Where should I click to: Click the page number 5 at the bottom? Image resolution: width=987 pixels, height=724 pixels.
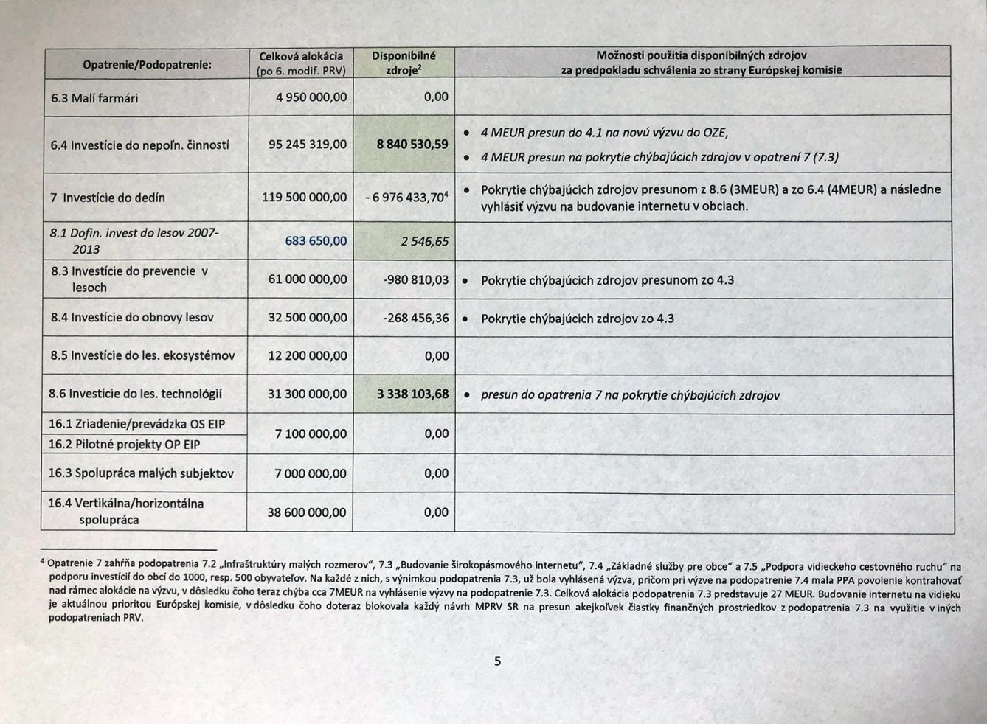pos(497,661)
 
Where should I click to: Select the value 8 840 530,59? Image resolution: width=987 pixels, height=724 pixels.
pos(412,145)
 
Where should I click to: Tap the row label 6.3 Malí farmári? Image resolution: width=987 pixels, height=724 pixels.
pos(94,98)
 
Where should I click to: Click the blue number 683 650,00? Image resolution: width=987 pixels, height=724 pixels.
pos(316,241)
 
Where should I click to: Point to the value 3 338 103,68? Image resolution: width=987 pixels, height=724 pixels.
pos(412,394)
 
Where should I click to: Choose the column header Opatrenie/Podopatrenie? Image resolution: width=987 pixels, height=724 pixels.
pos(147,65)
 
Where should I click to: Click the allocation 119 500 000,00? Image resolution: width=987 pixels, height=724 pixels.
pos(304,197)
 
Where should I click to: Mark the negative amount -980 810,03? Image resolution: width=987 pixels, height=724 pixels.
pos(415,279)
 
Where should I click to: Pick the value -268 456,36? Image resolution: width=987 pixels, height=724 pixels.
pos(415,318)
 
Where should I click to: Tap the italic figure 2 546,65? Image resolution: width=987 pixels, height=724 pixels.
pos(424,241)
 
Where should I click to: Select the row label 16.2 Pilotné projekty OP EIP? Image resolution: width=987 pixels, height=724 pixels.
pos(124,444)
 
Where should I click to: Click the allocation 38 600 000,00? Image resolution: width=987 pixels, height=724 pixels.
pos(306,512)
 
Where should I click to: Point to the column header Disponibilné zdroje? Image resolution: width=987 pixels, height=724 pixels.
pos(404,63)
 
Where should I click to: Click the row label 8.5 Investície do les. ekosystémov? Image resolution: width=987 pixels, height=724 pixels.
pos(142,355)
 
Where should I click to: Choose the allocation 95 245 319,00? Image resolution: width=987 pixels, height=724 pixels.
pos(307,145)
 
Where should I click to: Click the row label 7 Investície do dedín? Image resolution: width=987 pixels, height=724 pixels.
pos(108,198)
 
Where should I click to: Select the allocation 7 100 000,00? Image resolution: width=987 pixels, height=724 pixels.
pos(310,434)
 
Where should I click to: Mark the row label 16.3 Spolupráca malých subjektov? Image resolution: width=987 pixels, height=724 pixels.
pos(141,473)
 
